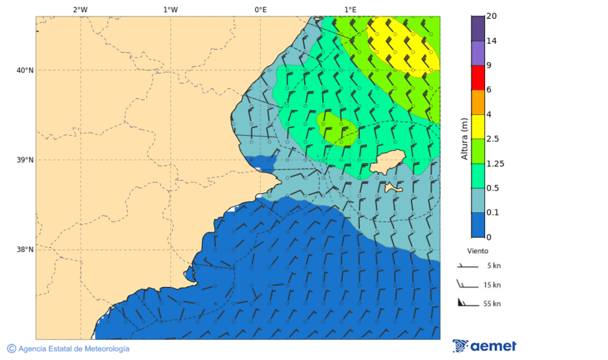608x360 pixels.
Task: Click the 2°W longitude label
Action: [x=80, y=9]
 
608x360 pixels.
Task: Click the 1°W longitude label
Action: [x=170, y=9]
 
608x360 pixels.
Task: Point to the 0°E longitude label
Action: [x=260, y=9]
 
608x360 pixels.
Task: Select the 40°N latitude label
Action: [x=25, y=70]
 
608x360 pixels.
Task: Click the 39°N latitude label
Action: [x=25, y=160]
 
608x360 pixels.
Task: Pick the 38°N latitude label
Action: [x=25, y=249]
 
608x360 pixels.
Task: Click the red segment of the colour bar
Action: [x=478, y=78]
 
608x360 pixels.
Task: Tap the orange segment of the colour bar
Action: [x=478, y=102]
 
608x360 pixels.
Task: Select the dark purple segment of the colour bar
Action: [x=478, y=28]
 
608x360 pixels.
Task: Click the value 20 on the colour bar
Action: [x=491, y=16]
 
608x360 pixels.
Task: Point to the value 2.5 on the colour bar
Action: [x=493, y=139]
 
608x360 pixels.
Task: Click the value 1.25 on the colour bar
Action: [x=495, y=163]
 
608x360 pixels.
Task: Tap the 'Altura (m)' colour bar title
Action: [x=464, y=138]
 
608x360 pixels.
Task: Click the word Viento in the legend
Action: [x=478, y=251]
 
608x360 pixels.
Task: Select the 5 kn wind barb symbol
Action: [x=467, y=266]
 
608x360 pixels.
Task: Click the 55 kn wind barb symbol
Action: [x=466, y=303]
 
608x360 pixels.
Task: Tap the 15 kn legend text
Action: [x=492, y=285]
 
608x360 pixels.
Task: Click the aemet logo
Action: [x=484, y=346]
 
